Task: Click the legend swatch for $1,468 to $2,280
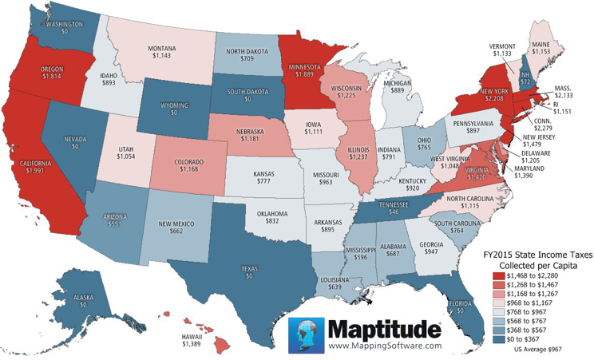[x=497, y=274]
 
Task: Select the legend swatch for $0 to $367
[x=497, y=338]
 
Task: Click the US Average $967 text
[x=542, y=350]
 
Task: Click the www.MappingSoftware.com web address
[x=383, y=346]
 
